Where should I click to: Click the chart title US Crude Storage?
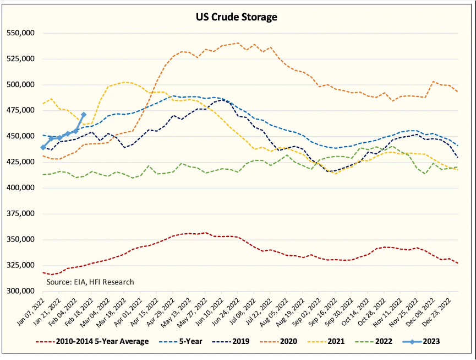(x=237, y=17)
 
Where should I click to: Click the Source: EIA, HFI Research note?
(x=90, y=282)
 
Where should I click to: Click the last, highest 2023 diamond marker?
(x=84, y=115)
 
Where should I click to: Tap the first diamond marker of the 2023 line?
(x=43, y=147)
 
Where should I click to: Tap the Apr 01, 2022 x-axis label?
(x=131, y=313)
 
